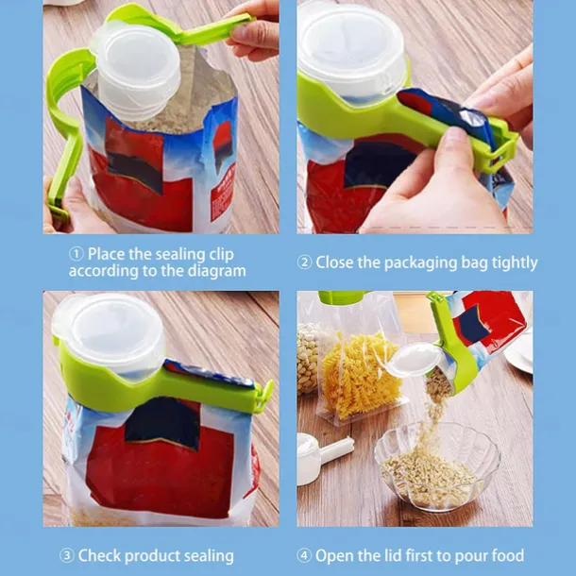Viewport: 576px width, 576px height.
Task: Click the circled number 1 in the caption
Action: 76,254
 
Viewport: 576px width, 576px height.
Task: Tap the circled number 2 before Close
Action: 304,263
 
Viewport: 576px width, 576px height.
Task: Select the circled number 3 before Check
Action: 66,555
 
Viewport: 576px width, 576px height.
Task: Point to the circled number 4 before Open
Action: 304,555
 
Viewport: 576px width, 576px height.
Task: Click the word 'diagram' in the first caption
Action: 217,271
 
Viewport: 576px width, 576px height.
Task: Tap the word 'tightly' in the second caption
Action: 515,263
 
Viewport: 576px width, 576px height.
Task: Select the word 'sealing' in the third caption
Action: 209,556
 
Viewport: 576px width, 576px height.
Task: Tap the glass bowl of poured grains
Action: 437,466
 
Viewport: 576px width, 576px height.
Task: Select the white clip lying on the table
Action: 323,458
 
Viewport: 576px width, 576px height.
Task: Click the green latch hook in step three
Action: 264,396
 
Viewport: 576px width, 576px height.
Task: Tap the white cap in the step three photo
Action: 110,332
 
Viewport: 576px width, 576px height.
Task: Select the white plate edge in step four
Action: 519,352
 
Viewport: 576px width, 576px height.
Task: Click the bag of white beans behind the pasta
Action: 309,358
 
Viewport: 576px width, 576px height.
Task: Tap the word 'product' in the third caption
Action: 154,556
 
